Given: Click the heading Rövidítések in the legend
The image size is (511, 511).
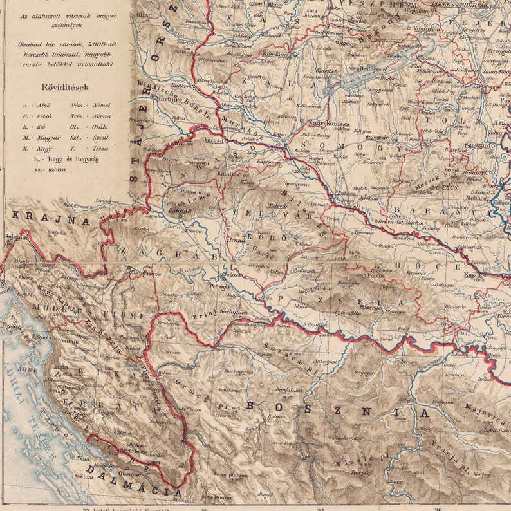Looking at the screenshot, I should pyautogui.click(x=65, y=87).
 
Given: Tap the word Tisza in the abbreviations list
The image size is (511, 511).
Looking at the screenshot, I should pyautogui.click(x=101, y=148).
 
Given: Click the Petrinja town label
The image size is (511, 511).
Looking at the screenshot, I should pyautogui.click(x=219, y=286).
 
